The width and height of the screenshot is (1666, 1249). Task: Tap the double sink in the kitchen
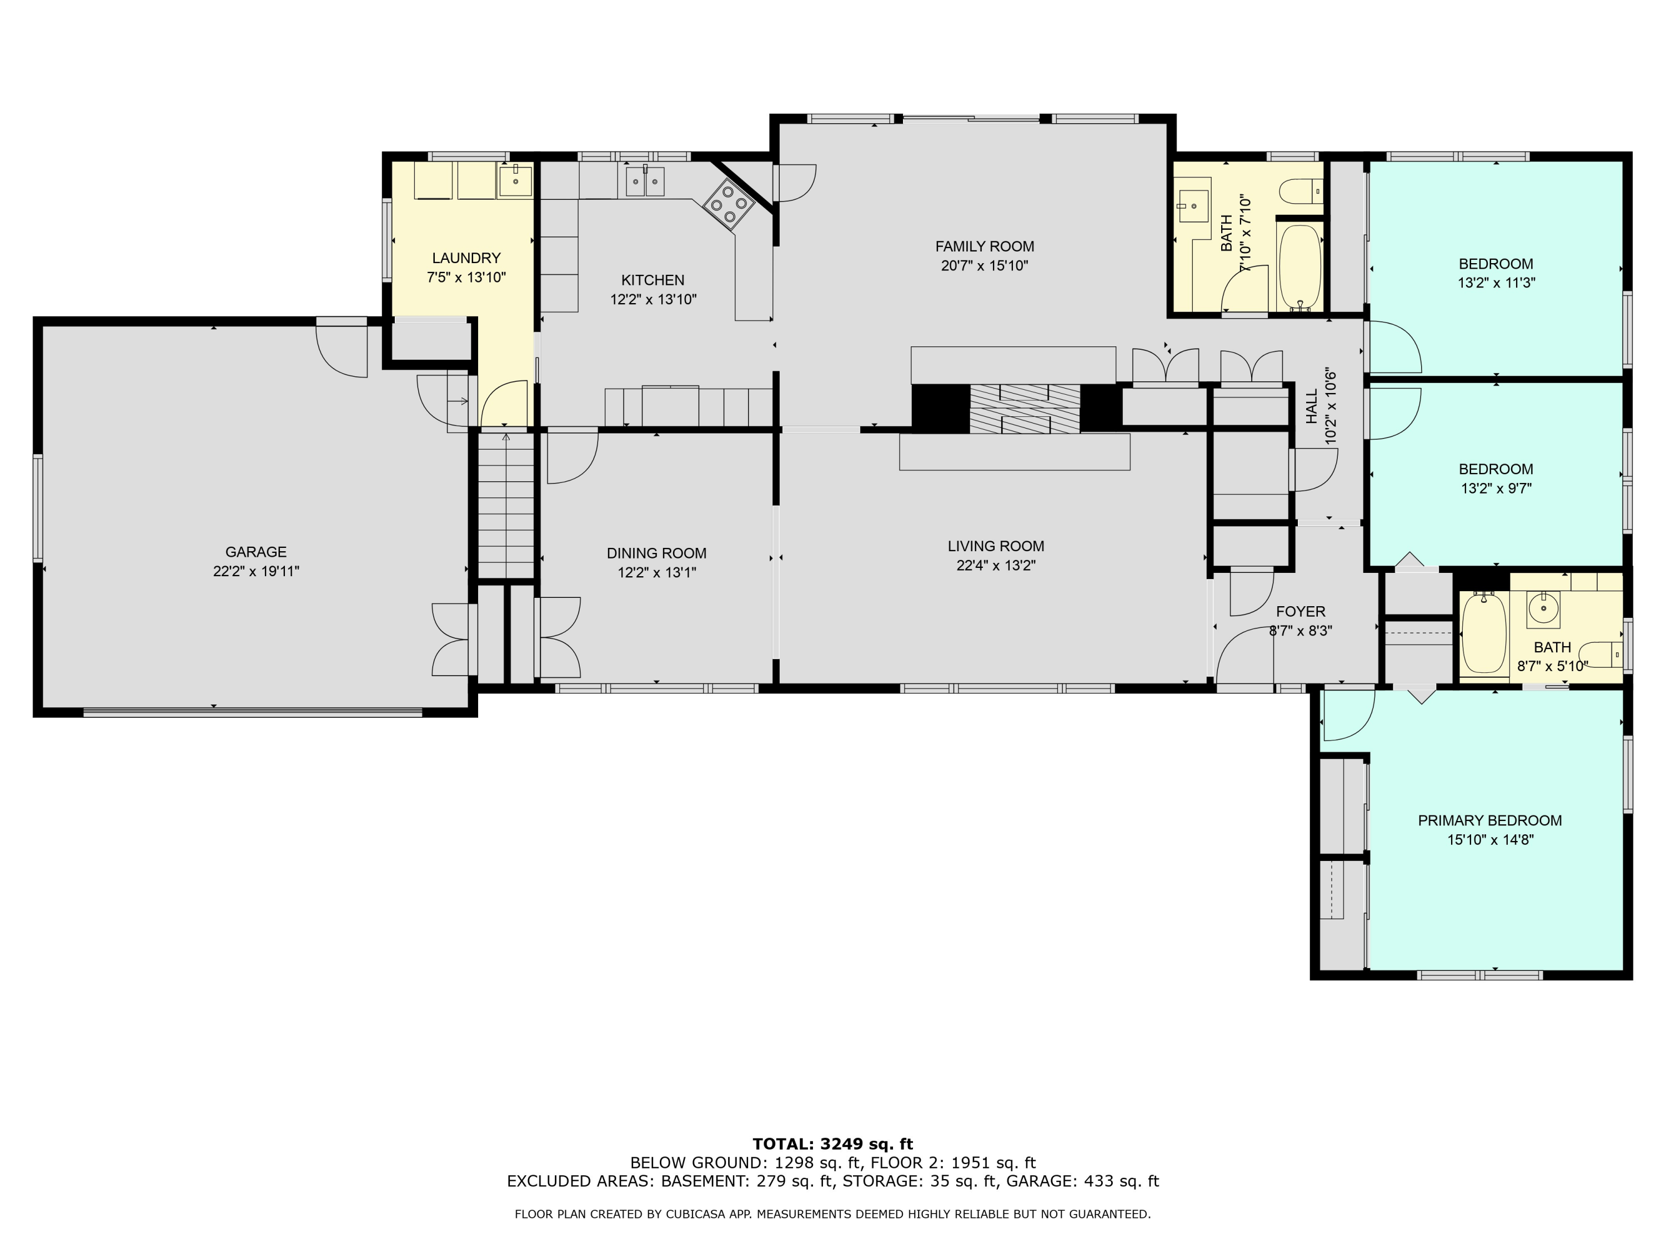point(645,180)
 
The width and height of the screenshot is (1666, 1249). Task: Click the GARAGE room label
point(256,552)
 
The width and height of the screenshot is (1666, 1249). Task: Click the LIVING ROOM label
point(996,546)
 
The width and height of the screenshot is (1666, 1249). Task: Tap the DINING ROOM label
point(657,553)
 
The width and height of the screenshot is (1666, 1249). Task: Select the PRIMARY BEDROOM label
point(1490,820)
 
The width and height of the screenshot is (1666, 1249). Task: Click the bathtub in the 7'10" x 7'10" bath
point(1300,267)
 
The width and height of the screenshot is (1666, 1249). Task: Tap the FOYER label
point(1301,611)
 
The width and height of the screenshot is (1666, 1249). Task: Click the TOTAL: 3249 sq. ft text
point(833,1144)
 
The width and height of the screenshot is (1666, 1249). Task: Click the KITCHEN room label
point(653,281)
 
